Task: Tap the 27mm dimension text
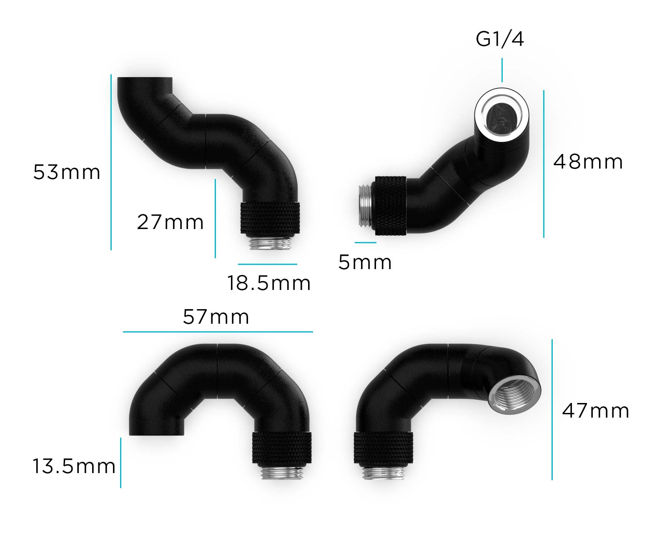coord(170,222)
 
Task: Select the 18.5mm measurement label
coord(269,283)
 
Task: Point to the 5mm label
coord(365,262)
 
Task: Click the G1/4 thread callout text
coord(500,39)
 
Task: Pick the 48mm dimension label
coord(588,162)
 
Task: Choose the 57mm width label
coord(216,317)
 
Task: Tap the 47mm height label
coord(595,411)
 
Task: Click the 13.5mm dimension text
coord(74,466)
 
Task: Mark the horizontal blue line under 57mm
coord(218,332)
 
